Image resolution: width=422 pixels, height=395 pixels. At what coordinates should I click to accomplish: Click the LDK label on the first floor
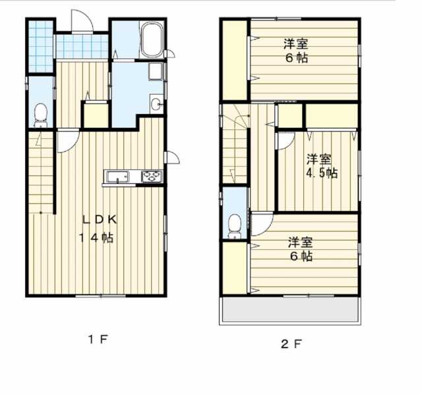pyautogui.click(x=100, y=220)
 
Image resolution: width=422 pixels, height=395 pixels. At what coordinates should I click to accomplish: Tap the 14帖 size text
pyautogui.click(x=96, y=237)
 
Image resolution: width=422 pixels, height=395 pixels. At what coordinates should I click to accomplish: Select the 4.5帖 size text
pyautogui.click(x=322, y=173)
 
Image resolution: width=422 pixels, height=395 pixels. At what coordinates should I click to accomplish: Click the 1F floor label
pyautogui.click(x=98, y=340)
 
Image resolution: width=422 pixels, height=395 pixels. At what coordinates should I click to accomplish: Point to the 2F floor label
pyautogui.click(x=291, y=344)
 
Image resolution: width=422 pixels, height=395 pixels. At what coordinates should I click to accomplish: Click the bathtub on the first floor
pyautogui.click(x=152, y=40)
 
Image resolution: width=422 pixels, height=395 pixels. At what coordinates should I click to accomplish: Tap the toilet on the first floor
pyautogui.click(x=41, y=115)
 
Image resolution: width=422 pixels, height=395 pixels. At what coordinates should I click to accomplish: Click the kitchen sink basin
pyautogui.click(x=117, y=177)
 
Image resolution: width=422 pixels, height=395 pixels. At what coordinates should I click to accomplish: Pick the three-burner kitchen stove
pyautogui.click(x=152, y=177)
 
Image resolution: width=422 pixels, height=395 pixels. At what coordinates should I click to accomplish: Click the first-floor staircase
pyautogui.click(x=41, y=172)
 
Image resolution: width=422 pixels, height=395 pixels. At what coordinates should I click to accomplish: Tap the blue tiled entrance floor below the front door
pyautogui.click(x=82, y=46)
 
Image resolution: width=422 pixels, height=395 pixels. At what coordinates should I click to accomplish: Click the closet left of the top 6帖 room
pyautogui.click(x=235, y=60)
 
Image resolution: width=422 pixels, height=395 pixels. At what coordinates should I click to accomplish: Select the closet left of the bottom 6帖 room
pyautogui.click(x=235, y=268)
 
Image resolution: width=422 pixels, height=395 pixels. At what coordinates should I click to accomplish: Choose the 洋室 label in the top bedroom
pyautogui.click(x=296, y=44)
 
